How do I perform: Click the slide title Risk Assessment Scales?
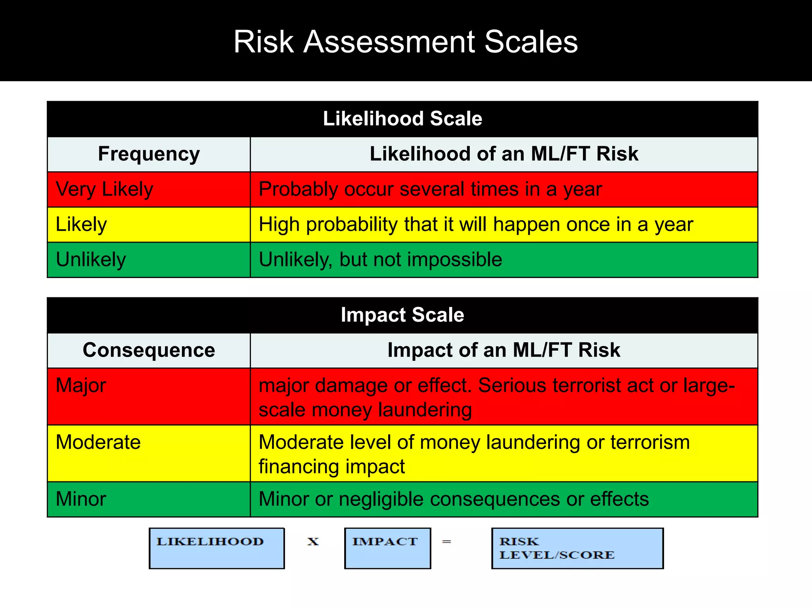405,42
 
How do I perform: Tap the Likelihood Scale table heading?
402,119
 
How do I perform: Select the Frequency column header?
149,154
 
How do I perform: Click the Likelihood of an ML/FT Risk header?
504,154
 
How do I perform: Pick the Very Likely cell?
105,189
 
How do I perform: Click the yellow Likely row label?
81,224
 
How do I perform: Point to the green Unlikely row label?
91,260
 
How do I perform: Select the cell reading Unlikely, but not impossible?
380,260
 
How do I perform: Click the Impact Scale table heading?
402,315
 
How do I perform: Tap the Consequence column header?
149,350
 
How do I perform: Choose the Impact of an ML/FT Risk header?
504,350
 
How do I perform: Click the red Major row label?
81,385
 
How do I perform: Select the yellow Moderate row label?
98,442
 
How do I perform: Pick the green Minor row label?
81,499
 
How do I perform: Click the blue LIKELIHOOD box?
216,548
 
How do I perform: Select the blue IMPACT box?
387,548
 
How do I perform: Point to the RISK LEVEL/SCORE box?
577,548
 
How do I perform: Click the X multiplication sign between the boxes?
313,542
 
